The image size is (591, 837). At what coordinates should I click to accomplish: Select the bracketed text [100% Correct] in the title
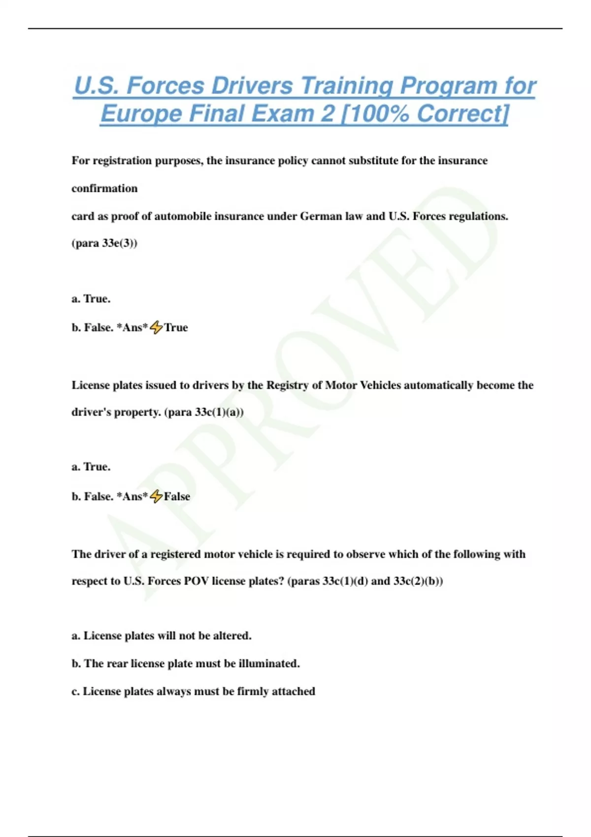[x=425, y=114]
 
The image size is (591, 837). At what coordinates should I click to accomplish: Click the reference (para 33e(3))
[x=104, y=243]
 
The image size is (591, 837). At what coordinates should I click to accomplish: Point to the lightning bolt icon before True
[x=156, y=327]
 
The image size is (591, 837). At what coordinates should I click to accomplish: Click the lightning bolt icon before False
[x=156, y=496]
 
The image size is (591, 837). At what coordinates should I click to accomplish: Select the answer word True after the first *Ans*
[x=176, y=328]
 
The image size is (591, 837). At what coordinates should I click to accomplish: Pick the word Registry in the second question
[x=288, y=386]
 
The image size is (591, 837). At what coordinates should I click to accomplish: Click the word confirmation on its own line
[x=104, y=189]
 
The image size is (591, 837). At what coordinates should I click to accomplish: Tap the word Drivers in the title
[x=252, y=86]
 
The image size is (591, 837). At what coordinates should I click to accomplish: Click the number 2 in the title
[x=328, y=114]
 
